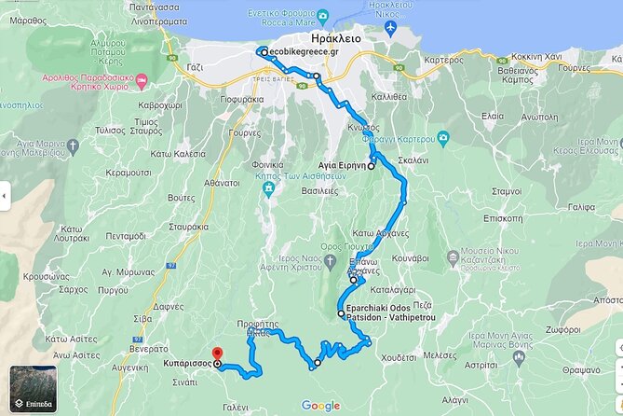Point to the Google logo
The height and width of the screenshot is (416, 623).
[320, 405]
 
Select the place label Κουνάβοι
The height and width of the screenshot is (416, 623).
[410, 257]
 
